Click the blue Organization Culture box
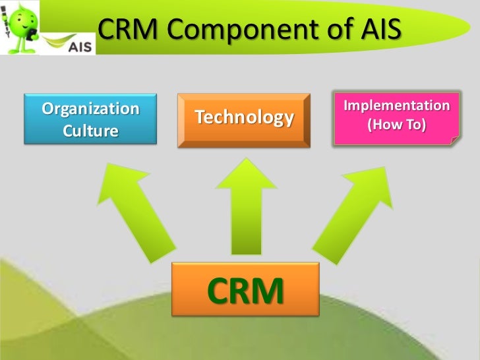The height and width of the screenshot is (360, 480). tap(90, 119)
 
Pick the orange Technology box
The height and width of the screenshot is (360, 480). tap(244, 119)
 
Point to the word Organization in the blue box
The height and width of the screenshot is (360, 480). tap(91, 108)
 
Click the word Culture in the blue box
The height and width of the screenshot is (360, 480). tap(90, 131)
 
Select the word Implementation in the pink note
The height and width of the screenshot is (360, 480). tap(397, 105)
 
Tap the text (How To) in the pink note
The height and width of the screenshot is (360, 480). tap(397, 124)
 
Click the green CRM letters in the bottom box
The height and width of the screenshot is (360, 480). tap(245, 291)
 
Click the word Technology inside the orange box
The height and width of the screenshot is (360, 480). tap(244, 118)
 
